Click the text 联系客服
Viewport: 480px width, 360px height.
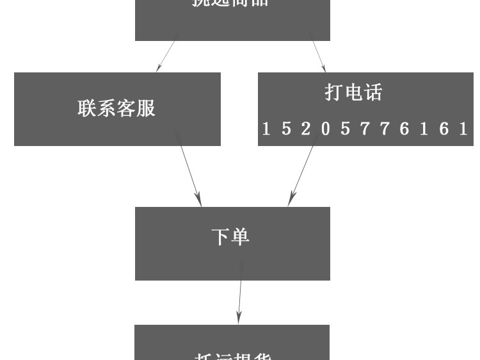[x=116, y=108]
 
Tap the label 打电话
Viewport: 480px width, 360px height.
[x=353, y=93]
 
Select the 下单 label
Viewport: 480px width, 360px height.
[x=230, y=237]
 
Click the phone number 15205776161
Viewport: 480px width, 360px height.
[x=365, y=129]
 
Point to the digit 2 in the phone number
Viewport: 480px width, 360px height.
[x=306, y=129]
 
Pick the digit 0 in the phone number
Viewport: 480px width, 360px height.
[x=326, y=129]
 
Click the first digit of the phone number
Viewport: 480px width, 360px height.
[x=266, y=129]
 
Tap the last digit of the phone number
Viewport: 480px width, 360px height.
[x=463, y=129]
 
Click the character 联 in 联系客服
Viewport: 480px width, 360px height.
[x=88, y=108]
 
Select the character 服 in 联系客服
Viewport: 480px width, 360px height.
[x=146, y=108]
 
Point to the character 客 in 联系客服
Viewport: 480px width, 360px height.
[x=127, y=108]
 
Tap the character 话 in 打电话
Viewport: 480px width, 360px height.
[x=372, y=93]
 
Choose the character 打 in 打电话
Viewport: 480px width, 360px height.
[x=334, y=93]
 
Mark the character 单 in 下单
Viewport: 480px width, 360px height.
[x=240, y=237]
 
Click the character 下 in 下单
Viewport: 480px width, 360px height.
[x=221, y=237]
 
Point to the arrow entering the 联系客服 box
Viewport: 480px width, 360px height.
[x=166, y=56]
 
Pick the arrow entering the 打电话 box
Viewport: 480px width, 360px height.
[x=318, y=56]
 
